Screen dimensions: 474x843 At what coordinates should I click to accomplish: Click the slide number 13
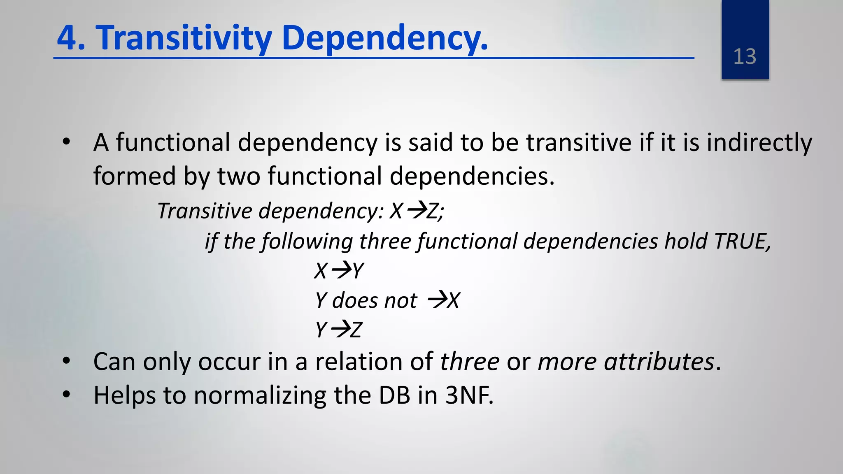click(745, 57)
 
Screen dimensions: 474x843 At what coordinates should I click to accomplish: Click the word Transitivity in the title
click(184, 38)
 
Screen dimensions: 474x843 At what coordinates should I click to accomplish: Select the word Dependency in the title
click(384, 38)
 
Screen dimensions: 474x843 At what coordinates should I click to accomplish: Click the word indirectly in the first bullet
click(759, 143)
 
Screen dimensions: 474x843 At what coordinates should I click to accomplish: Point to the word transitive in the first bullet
click(579, 143)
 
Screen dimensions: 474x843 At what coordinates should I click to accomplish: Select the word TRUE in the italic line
click(741, 241)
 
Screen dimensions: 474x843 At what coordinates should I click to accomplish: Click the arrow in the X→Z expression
click(416, 211)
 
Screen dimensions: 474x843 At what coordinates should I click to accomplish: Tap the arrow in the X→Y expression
click(341, 270)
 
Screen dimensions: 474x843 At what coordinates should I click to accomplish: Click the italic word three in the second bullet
click(470, 362)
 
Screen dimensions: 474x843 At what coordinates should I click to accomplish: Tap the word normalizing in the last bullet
click(260, 396)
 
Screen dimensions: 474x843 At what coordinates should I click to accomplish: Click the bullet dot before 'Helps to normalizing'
click(66, 394)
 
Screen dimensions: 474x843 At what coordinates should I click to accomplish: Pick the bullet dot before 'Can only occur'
click(66, 361)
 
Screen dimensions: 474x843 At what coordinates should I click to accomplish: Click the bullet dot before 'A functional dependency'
click(66, 142)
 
